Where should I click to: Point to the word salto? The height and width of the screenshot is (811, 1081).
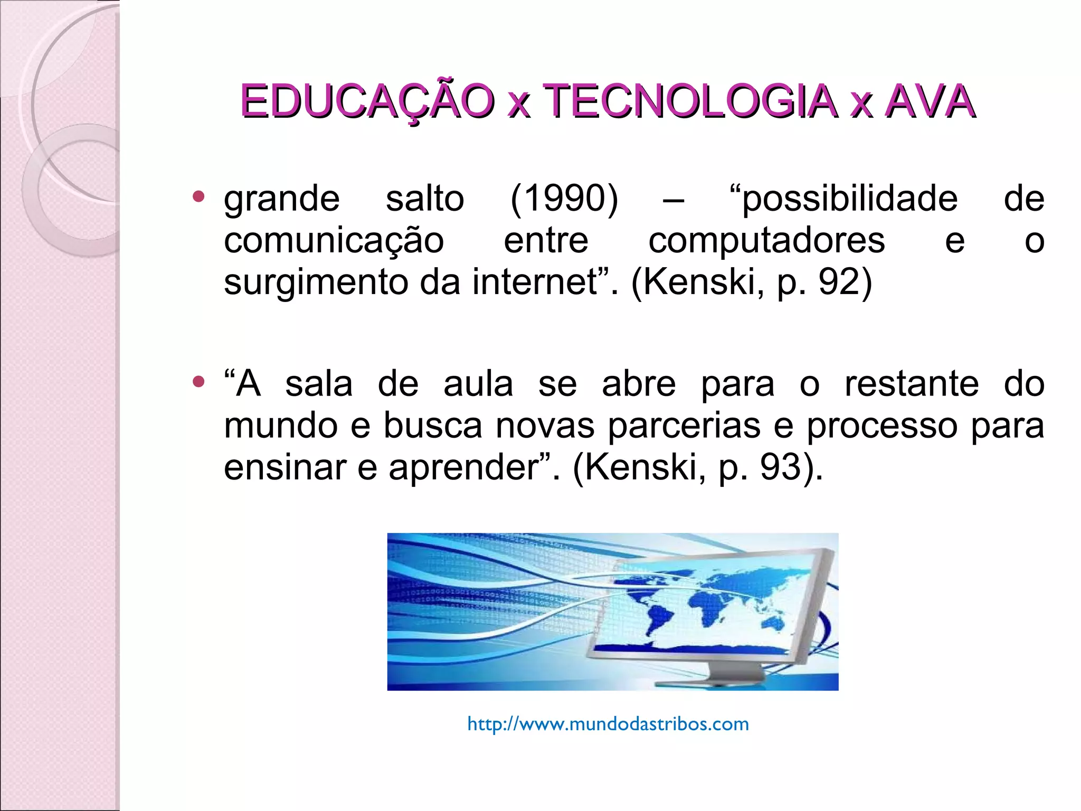tap(425, 199)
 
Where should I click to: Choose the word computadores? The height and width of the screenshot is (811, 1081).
tap(766, 241)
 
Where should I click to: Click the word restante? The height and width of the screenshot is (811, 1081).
tap(912, 384)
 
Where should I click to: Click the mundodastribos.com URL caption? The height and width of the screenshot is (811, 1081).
tap(608, 724)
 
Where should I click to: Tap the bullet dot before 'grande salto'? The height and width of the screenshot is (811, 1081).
tap(198, 197)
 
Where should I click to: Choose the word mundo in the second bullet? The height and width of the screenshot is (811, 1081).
tap(281, 426)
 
